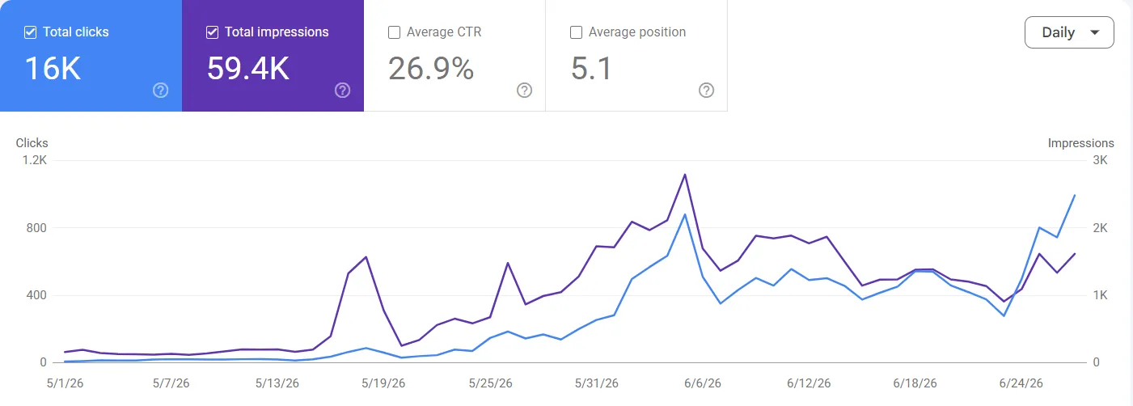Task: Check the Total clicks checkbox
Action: tap(31, 32)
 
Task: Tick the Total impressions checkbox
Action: tap(213, 32)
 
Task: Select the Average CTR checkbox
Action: tap(394, 32)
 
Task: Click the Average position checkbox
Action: tap(576, 32)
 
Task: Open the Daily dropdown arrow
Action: tap(1094, 32)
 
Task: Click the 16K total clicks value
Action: tap(53, 69)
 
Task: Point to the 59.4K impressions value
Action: tap(248, 69)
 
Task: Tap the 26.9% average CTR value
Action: tap(431, 69)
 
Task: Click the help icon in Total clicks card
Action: tap(161, 91)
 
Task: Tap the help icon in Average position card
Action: tap(707, 91)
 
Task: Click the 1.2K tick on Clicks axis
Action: tap(35, 160)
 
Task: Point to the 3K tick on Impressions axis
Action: tap(1100, 160)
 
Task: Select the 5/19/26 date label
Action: tap(383, 383)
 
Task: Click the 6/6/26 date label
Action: tap(703, 383)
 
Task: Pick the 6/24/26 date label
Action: tap(1021, 383)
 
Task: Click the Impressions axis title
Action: tap(1081, 143)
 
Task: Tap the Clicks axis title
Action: tap(32, 143)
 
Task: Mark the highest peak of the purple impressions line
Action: tap(685, 175)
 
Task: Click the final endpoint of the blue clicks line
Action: tap(1075, 195)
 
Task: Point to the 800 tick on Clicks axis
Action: tap(36, 228)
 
